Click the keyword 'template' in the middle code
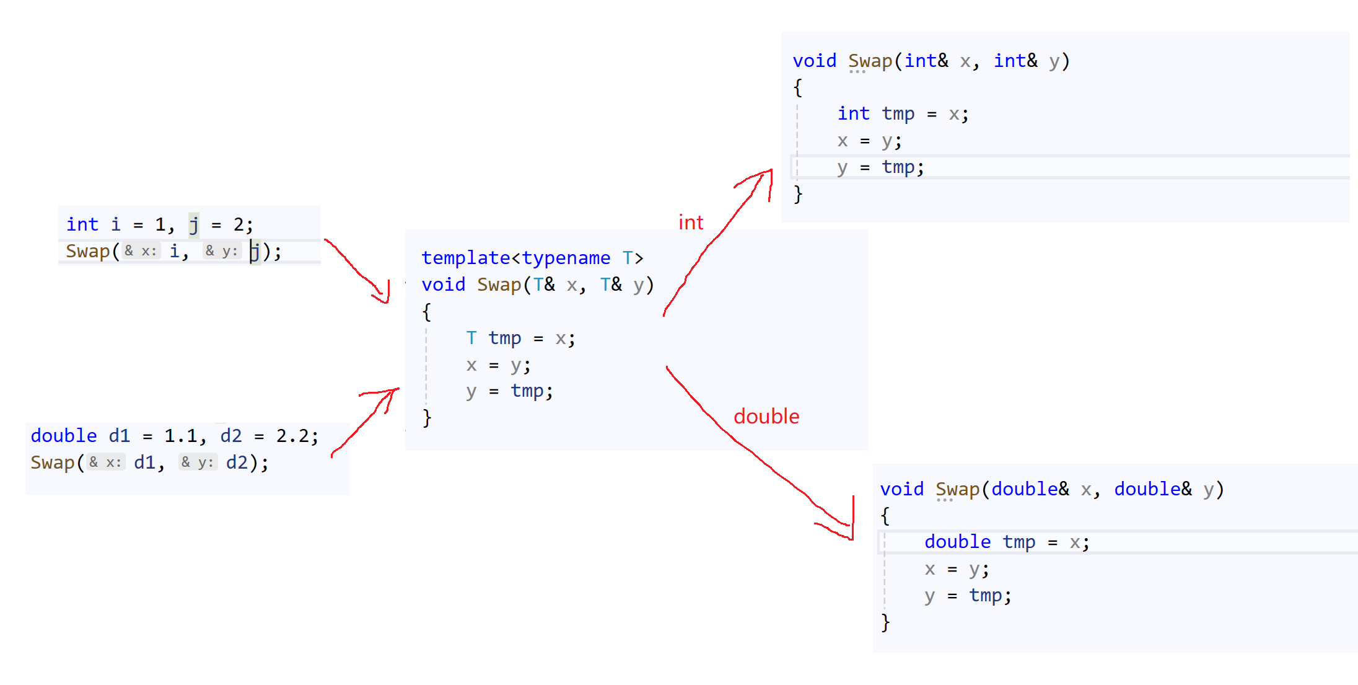click(466, 258)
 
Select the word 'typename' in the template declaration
click(566, 258)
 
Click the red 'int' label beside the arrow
click(691, 223)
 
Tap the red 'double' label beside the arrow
click(766, 416)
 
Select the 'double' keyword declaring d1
click(64, 436)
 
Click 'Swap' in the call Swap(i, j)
click(87, 251)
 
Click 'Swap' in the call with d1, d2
click(53, 462)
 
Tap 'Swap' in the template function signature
click(499, 285)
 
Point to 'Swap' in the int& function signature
click(870, 61)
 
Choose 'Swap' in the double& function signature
click(957, 489)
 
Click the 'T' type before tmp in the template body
click(471, 338)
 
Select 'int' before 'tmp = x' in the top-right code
click(853, 113)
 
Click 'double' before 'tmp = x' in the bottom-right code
click(957, 542)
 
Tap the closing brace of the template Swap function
click(427, 418)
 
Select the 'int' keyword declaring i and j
click(82, 224)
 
